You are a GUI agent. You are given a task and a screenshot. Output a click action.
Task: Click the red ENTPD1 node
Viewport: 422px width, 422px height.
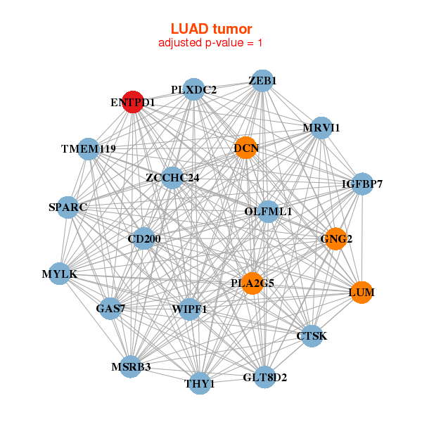click(x=133, y=102)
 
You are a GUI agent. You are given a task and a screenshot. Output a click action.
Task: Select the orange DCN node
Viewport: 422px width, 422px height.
click(x=245, y=148)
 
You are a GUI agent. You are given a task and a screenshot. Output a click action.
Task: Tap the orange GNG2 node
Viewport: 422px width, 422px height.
click(x=335, y=239)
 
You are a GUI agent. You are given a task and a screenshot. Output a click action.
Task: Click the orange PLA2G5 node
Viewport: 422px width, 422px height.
click(x=252, y=283)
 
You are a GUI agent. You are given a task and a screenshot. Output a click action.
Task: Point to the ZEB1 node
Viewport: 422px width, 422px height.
click(x=262, y=81)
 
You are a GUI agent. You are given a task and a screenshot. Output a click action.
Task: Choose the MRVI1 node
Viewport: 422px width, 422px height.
click(x=321, y=128)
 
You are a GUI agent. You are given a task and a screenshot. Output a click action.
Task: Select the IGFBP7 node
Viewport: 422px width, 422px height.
click(x=362, y=184)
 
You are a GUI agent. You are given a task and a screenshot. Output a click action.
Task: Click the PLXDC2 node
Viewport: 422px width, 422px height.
click(x=193, y=89)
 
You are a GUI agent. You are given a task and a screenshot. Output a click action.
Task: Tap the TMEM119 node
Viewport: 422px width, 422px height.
click(x=89, y=148)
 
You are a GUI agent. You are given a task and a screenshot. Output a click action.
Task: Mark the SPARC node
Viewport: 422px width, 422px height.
click(x=68, y=207)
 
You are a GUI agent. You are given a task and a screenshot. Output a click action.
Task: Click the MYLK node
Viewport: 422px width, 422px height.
click(x=60, y=273)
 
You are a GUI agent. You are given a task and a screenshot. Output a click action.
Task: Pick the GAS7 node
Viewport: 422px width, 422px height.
click(x=110, y=308)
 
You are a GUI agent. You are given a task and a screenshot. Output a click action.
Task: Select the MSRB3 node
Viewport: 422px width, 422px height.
click(x=131, y=366)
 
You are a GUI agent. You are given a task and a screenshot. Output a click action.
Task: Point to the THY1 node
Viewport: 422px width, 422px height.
click(x=200, y=383)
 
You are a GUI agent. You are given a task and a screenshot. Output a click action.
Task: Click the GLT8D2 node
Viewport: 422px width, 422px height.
click(x=264, y=377)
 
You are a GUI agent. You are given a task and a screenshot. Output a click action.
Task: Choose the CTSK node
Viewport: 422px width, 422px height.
click(x=312, y=335)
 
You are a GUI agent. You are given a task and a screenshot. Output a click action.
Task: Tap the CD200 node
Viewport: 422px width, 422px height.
click(x=144, y=238)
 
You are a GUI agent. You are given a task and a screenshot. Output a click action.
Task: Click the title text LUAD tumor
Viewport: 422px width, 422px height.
click(x=211, y=29)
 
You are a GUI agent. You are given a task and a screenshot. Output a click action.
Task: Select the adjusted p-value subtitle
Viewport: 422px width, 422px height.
click(x=211, y=43)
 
